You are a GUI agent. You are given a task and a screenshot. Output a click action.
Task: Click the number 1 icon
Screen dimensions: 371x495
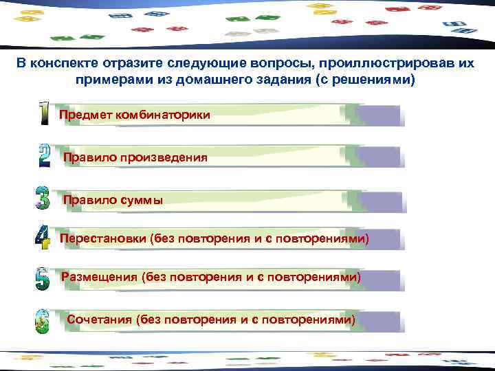(44, 114)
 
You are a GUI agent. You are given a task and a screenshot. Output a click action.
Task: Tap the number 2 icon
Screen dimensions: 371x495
(44, 157)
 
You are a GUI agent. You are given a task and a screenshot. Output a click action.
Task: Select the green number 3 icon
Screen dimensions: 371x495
(43, 198)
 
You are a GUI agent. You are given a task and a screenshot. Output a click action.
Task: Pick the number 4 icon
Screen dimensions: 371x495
(43, 238)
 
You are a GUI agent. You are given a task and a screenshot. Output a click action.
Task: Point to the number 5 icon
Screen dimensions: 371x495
(43, 278)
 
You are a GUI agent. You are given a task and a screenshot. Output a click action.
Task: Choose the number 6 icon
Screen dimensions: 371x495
(43, 321)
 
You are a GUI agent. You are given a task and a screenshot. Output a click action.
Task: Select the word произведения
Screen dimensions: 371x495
(164, 158)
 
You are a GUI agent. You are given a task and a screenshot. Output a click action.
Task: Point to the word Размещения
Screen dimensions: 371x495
(100, 278)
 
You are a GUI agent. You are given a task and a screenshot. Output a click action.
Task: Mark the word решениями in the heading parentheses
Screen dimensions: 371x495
(370, 80)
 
